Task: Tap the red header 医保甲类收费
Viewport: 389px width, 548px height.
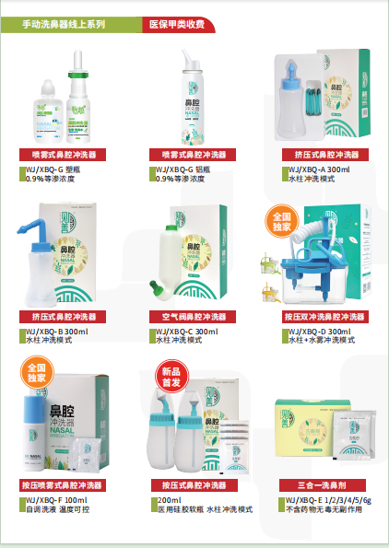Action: (x=176, y=25)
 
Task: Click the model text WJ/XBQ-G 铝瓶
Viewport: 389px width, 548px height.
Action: (x=191, y=169)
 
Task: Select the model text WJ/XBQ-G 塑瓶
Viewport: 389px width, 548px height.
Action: (x=61, y=169)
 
